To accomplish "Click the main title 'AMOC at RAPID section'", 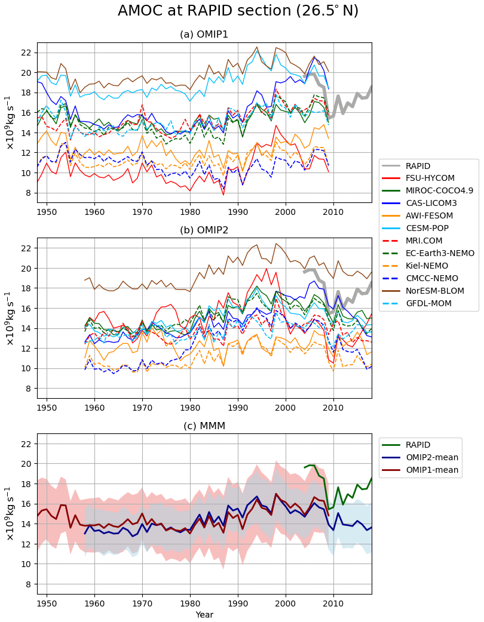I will (238, 11).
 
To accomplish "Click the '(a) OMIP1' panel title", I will (204, 35).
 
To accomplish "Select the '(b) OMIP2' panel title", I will (204, 230).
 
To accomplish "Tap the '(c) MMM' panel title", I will (204, 426).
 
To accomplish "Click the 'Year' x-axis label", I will (204, 615).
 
